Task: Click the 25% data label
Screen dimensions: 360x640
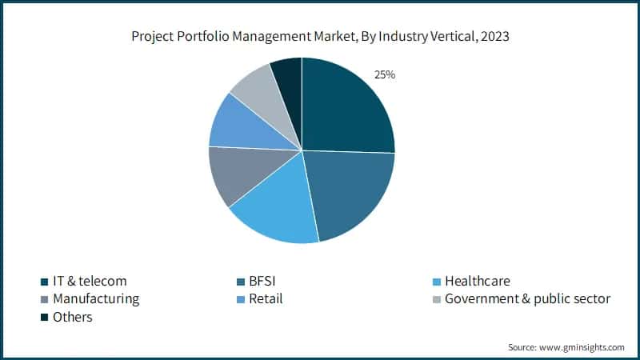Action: click(x=385, y=74)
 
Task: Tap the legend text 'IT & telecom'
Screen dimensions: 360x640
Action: click(x=90, y=281)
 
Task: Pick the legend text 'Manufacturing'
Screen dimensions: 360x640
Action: click(x=96, y=299)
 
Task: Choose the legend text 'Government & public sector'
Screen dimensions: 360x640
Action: click(x=527, y=299)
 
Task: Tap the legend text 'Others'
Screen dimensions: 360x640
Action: click(x=73, y=318)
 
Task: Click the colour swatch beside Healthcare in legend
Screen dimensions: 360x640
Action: click(x=435, y=282)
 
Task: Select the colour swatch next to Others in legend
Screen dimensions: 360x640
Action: click(x=44, y=318)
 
